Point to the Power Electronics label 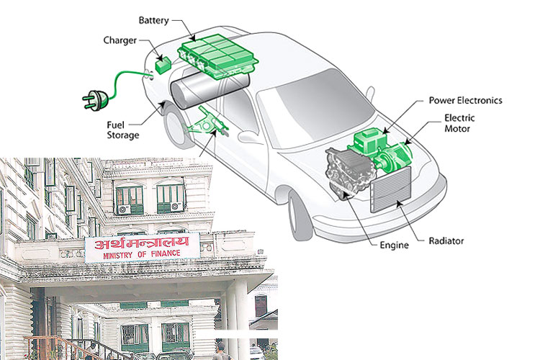(465, 101)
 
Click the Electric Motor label (457, 123)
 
